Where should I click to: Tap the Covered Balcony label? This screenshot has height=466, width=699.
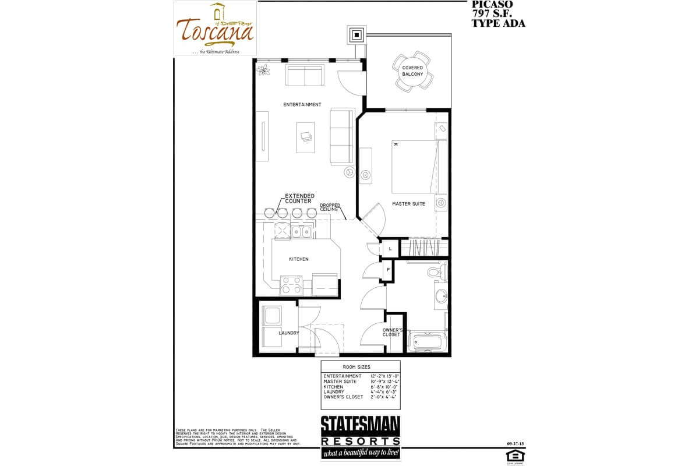[412, 71]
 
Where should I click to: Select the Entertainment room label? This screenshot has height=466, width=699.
[302, 105]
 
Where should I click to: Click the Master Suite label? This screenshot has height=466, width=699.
[408, 204]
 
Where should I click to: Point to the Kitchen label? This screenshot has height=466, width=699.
[299, 259]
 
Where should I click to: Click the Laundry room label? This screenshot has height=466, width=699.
[288, 333]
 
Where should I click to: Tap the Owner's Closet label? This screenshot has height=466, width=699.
[391, 332]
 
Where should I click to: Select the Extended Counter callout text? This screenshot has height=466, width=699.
[299, 199]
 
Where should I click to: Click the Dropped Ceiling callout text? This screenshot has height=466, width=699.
[330, 207]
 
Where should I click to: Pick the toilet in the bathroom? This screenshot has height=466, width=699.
[434, 271]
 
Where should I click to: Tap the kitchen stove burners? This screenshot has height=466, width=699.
[291, 285]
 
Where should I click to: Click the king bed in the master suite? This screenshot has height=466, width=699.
[413, 167]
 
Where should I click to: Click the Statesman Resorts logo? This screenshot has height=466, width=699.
[361, 437]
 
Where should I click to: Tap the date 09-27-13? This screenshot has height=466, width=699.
[516, 444]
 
